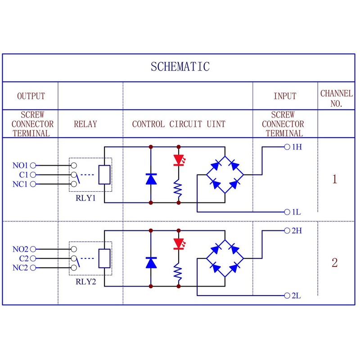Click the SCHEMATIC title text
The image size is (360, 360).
tap(180, 67)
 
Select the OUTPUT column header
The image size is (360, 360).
tap(31, 96)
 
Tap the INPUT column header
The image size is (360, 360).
tap(285, 96)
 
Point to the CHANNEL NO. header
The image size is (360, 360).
tap(336, 98)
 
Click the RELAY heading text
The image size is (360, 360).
tap(85, 124)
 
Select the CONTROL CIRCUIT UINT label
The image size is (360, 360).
tap(179, 124)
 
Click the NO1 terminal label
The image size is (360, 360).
tap(20, 166)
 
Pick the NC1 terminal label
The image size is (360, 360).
tap(20, 184)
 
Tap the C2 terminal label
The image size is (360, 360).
tap(24, 259)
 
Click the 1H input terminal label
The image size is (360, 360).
tap(297, 147)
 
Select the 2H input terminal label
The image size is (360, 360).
tap(297, 231)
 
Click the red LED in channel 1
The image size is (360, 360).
tap(179, 160)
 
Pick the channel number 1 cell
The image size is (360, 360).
tap(334, 180)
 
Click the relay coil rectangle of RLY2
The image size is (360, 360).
tap(104, 259)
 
